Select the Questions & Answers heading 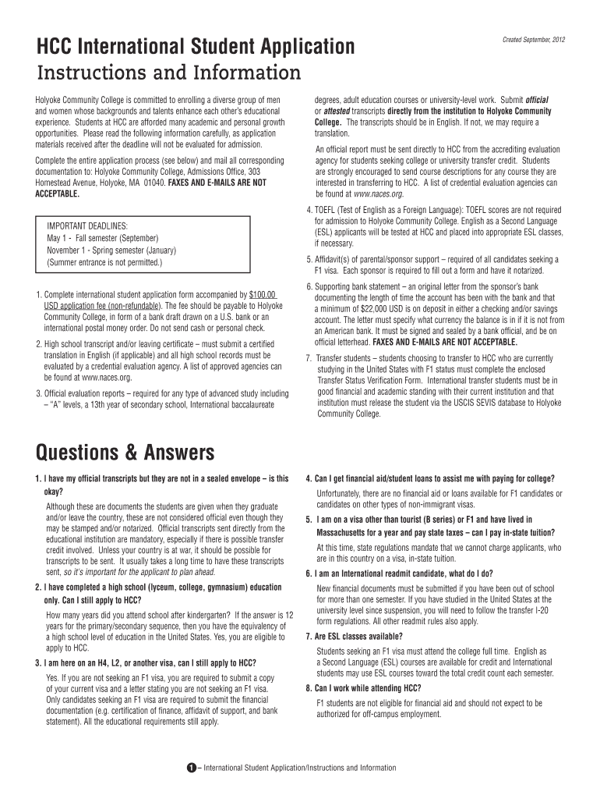125,453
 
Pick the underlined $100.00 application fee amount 263,293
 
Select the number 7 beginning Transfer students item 309,357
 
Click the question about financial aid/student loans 436,478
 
